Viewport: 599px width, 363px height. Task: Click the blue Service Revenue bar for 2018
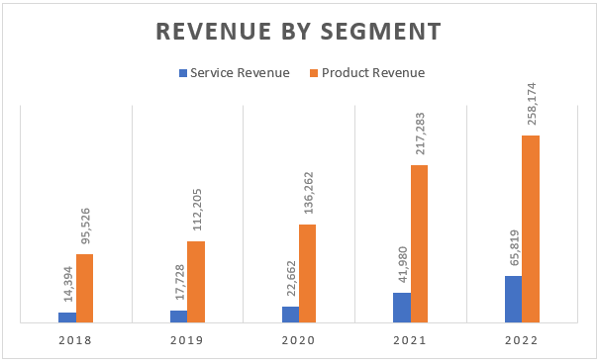tap(67, 318)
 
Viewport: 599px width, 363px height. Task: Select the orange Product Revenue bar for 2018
tap(85, 288)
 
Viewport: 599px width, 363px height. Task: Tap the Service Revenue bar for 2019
tap(178, 317)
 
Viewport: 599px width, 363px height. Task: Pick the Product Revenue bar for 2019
tap(196, 282)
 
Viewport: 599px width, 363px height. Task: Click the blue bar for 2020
tap(290, 315)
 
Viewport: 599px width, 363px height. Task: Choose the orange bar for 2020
tap(308, 273)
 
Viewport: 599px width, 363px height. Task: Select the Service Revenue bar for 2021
tap(401, 308)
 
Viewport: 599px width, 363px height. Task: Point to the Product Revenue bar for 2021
tap(419, 243)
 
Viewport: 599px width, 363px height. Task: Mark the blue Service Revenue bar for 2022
tap(513, 299)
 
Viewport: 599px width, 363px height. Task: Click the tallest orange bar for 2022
tap(531, 228)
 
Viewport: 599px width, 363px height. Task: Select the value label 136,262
tap(308, 195)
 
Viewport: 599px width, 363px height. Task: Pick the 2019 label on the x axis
tap(187, 340)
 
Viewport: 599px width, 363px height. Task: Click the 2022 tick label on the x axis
tap(522, 340)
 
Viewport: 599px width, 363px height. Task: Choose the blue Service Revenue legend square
tap(182, 73)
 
